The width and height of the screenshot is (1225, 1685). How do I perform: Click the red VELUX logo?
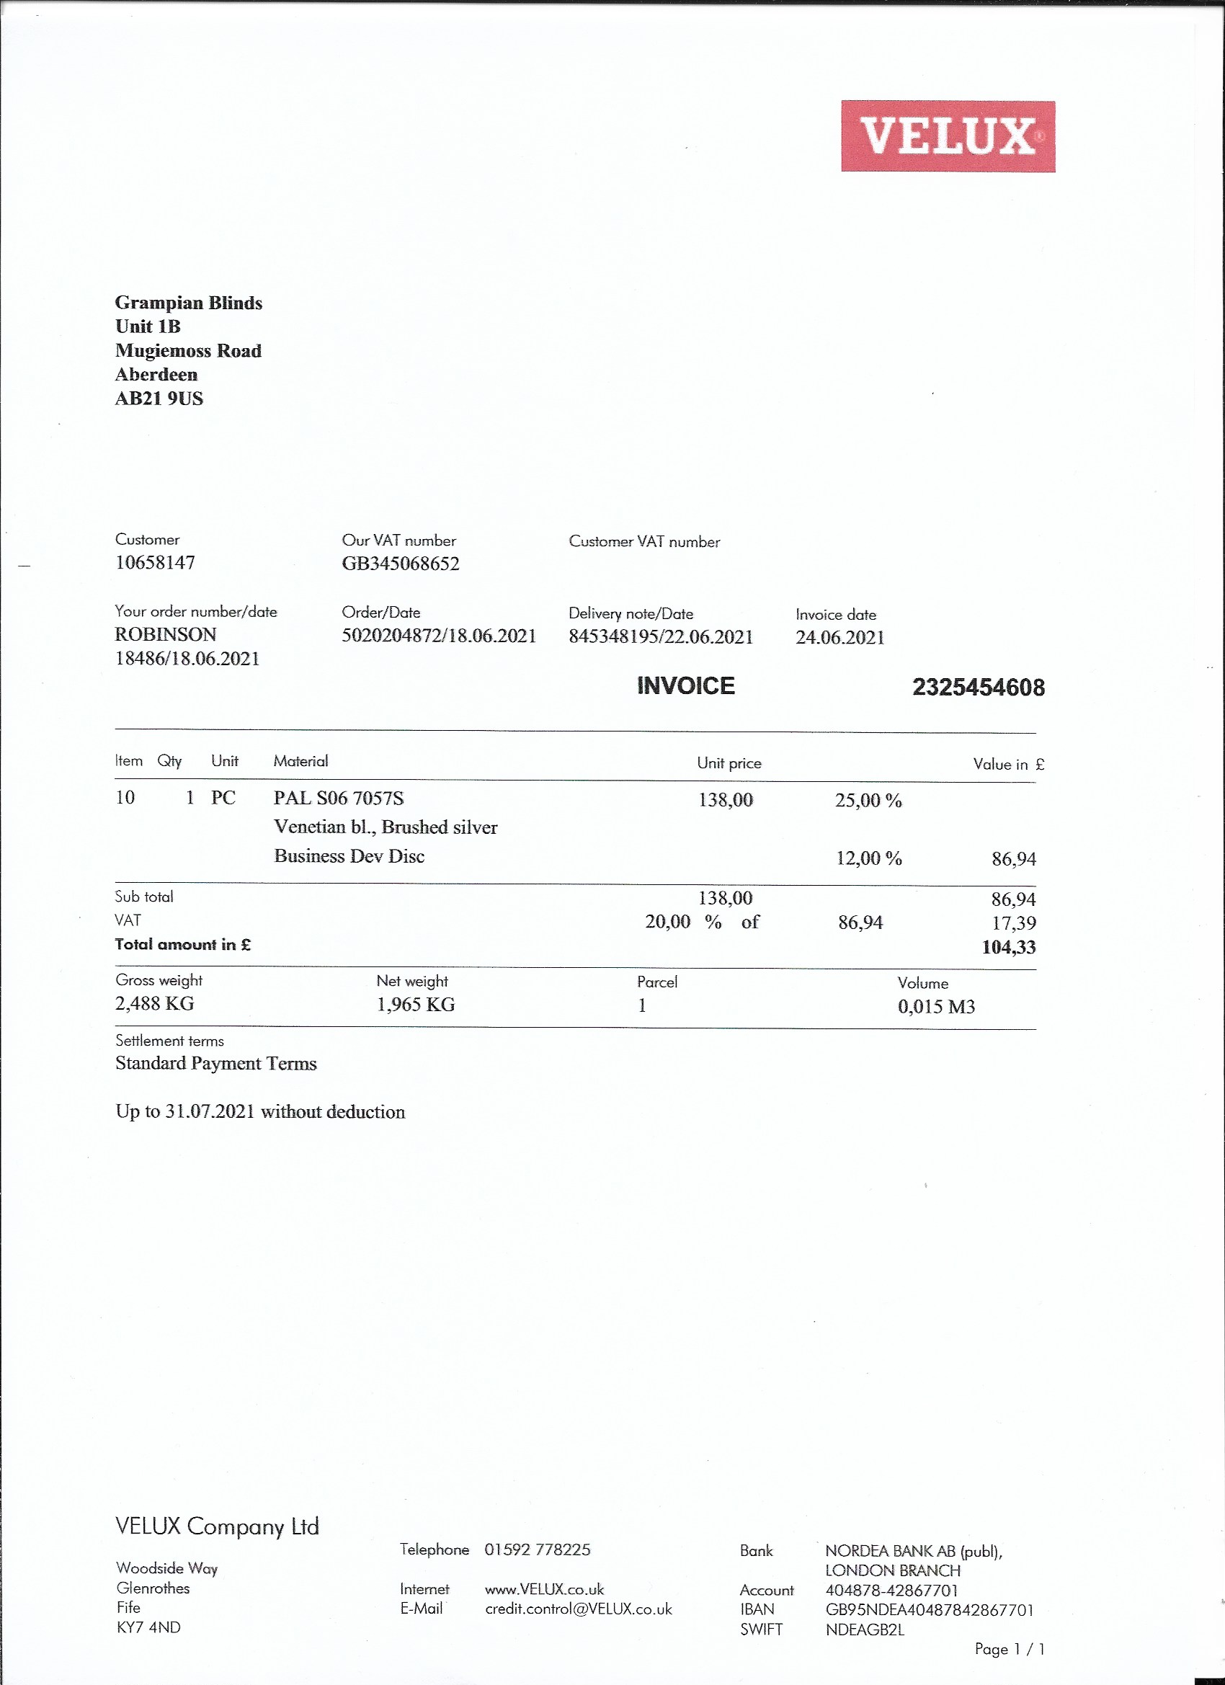948,136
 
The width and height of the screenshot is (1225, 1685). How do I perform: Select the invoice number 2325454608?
978,688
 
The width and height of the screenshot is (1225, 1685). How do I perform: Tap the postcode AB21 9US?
159,399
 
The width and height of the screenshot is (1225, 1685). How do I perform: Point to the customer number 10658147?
155,562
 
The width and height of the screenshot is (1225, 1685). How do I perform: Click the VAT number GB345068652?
401,563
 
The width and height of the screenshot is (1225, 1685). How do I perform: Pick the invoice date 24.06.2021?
839,637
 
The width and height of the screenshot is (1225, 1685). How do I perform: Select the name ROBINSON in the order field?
166,634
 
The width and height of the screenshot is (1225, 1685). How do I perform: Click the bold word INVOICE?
686,685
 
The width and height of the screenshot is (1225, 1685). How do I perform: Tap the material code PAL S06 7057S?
339,798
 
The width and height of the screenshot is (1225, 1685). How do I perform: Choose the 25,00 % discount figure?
868,800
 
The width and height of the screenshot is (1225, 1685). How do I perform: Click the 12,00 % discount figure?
868,858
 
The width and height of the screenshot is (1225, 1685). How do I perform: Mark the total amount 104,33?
1008,946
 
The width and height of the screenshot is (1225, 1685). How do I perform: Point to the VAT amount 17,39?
1013,922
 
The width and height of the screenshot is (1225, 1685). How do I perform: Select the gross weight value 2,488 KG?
154,1004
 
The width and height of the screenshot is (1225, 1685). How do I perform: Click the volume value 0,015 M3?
936,1007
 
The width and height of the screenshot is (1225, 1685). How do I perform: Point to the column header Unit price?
729,763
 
